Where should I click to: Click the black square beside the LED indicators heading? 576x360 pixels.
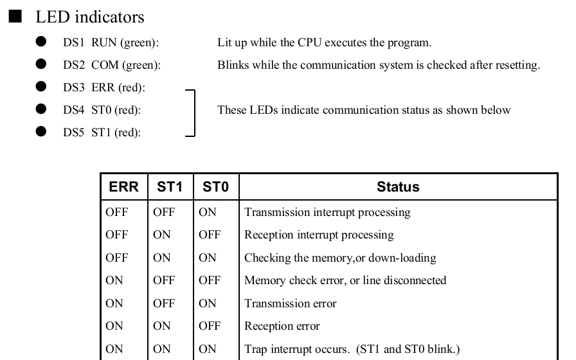coord(15,16)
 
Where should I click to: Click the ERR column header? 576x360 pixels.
coord(124,186)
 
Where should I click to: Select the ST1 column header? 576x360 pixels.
coord(170,186)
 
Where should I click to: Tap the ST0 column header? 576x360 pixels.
coord(215,186)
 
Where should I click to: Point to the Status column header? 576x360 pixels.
coord(398,186)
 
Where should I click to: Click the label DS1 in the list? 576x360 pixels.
coord(73,42)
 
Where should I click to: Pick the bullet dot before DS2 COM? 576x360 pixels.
coord(41,64)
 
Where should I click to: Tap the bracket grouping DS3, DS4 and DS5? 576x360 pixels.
coord(194,113)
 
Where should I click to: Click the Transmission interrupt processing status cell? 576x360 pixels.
coord(327,212)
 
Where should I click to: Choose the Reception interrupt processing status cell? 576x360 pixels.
coord(319,235)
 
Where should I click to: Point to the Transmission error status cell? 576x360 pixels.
coord(290,303)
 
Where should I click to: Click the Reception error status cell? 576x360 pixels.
coord(282,326)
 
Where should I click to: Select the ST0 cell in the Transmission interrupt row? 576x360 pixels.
coord(208,212)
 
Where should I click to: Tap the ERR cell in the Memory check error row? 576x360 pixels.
coord(114,280)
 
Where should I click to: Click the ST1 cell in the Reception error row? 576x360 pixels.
coord(161,326)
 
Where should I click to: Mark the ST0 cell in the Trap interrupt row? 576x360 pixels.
coord(208,349)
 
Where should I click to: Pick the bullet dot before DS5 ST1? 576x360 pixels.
coord(41,132)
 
